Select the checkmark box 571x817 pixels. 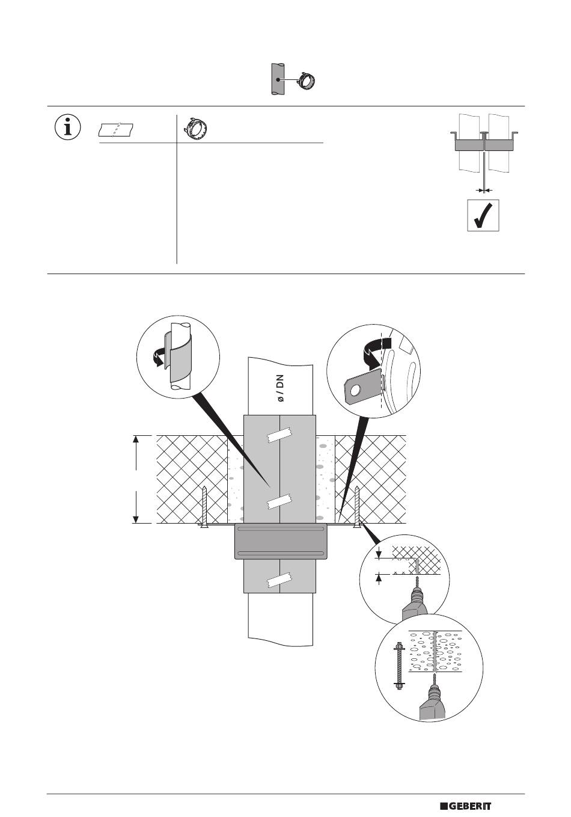pyautogui.click(x=484, y=215)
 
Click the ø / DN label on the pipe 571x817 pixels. pyautogui.click(x=280, y=389)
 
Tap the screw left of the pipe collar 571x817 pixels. pyautogui.click(x=206, y=506)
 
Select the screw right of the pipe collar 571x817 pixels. pyautogui.click(x=357, y=506)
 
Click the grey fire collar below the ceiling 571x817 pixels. pyautogui.click(x=280, y=542)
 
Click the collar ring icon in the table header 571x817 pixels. pyautogui.click(x=195, y=127)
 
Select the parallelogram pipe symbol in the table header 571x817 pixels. pyautogui.click(x=117, y=129)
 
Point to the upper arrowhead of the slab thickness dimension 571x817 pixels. pyautogui.click(x=136, y=440)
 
